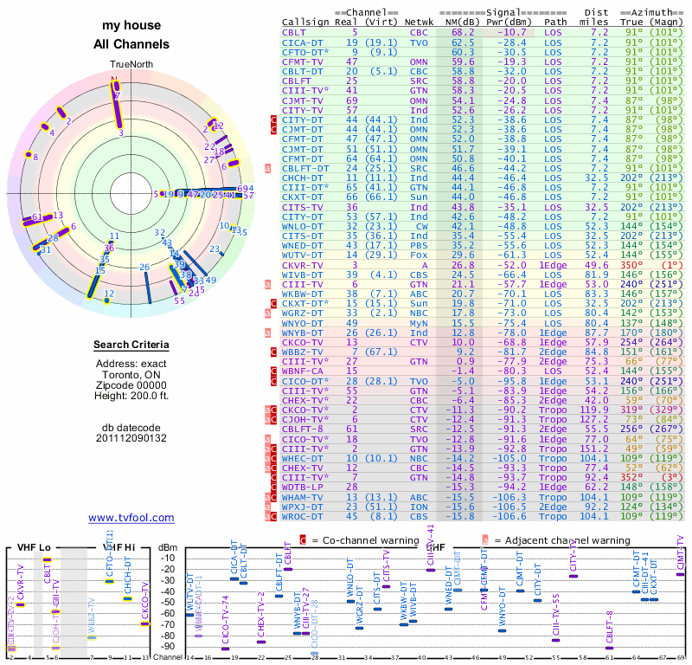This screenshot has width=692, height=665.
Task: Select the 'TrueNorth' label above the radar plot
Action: click(x=131, y=65)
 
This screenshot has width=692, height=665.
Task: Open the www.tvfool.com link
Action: click(x=131, y=518)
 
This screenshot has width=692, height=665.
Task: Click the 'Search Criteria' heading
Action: click(x=131, y=345)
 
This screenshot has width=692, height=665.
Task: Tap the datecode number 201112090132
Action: click(x=131, y=438)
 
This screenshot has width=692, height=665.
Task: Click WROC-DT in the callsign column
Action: click(x=304, y=516)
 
